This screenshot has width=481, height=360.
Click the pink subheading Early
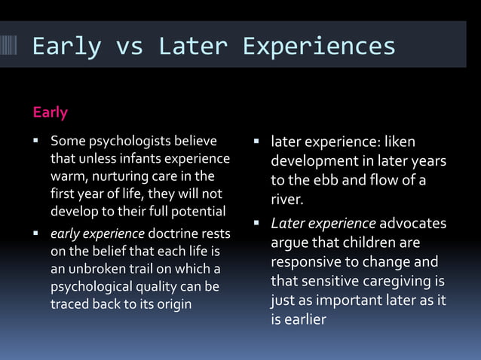pyautogui.click(x=50, y=112)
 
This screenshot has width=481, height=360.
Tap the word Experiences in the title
pyautogui.click(x=318, y=46)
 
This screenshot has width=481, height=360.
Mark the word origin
pyautogui.click(x=173, y=304)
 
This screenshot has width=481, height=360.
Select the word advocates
pyautogui.click(x=412, y=224)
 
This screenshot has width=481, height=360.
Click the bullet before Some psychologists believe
pyautogui.click(x=35, y=141)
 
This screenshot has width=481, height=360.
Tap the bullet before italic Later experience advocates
pyautogui.click(x=256, y=224)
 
